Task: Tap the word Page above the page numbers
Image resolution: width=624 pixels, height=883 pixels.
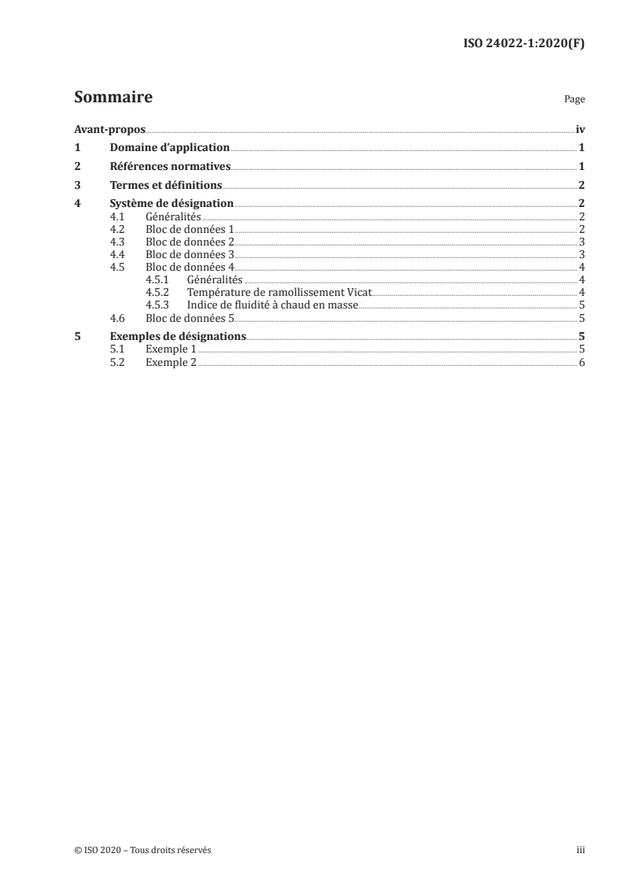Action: (x=574, y=100)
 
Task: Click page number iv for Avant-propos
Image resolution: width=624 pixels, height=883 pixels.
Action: (x=580, y=129)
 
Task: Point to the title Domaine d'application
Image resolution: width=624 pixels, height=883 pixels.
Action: (x=169, y=147)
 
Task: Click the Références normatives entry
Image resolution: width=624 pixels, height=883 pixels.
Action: (x=170, y=166)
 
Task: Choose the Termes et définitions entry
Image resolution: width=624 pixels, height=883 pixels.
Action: (x=166, y=186)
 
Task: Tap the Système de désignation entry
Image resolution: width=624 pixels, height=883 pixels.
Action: (x=172, y=205)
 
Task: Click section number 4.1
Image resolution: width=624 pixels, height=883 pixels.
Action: (x=117, y=216)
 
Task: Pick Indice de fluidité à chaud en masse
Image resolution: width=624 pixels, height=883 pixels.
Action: (x=273, y=305)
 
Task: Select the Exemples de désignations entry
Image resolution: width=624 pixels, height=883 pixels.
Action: (x=178, y=337)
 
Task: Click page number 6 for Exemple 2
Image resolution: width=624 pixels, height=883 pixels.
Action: (x=582, y=362)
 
